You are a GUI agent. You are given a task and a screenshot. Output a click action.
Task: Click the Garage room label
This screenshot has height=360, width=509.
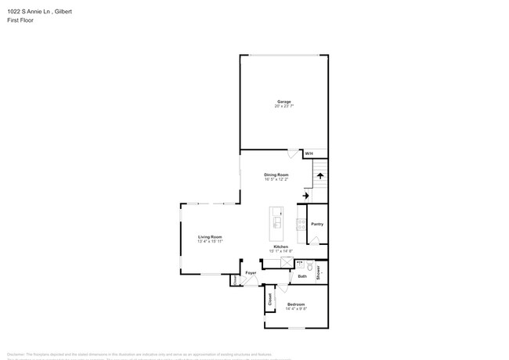[x=283, y=101]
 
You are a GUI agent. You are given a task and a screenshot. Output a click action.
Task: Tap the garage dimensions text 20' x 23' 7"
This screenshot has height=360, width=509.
[x=283, y=106]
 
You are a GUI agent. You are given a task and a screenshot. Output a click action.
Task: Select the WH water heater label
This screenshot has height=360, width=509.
[x=309, y=153]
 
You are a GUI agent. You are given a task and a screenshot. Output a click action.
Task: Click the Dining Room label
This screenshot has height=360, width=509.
[x=276, y=175]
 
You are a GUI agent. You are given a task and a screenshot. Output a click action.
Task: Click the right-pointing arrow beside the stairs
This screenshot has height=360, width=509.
[x=305, y=196]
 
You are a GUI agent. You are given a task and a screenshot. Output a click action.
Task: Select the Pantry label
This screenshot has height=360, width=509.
[x=316, y=224]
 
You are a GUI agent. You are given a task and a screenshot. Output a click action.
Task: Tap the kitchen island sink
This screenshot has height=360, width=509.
[x=277, y=221]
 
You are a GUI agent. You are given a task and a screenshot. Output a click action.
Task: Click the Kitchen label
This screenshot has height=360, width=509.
[x=280, y=246]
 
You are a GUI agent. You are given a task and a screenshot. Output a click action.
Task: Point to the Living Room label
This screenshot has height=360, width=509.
[x=210, y=236]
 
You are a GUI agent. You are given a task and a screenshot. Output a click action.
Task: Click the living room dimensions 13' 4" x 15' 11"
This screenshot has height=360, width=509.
[x=210, y=241]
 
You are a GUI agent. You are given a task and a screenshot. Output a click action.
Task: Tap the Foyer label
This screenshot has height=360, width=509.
[x=251, y=272]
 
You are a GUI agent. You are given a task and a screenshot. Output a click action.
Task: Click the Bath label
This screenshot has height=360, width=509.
[x=302, y=276]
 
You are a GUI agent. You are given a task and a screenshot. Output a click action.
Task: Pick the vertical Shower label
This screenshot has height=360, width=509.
[x=319, y=272]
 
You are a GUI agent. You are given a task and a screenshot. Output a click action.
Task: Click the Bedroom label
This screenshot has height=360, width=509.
[x=296, y=304]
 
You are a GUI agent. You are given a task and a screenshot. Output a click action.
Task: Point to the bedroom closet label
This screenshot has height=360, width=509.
[x=270, y=299]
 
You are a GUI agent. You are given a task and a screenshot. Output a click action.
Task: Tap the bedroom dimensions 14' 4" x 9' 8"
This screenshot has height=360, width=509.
[x=296, y=308]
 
